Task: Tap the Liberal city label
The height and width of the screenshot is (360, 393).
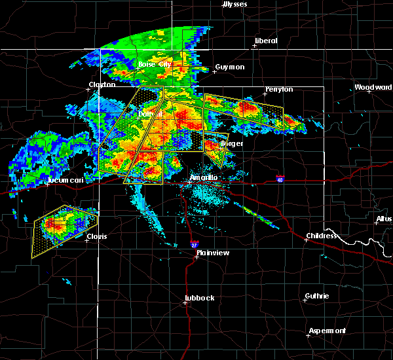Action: (x=266, y=41)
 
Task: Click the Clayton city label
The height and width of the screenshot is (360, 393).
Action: (x=102, y=84)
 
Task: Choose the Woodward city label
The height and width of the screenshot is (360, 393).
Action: (x=372, y=87)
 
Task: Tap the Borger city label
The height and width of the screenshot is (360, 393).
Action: (x=232, y=143)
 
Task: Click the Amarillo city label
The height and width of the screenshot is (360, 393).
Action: (x=204, y=177)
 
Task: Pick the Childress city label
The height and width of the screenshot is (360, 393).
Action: (x=322, y=236)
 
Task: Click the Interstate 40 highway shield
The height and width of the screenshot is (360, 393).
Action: (x=280, y=179)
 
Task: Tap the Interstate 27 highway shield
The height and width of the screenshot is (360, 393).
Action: (x=195, y=243)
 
